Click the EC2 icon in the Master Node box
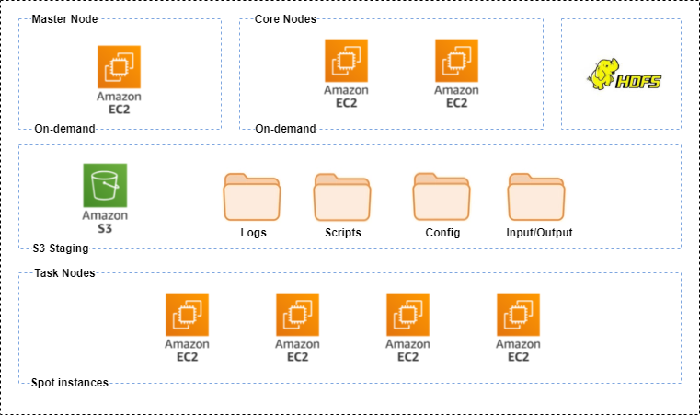click(120, 67)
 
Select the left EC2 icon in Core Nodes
click(347, 61)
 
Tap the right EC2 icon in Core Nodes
click(457, 61)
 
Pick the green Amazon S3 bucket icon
click(105, 185)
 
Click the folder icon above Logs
click(252, 196)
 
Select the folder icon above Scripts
click(342, 196)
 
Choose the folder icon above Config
click(442, 196)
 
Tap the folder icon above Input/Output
click(537, 196)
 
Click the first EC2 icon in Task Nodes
click(187, 315)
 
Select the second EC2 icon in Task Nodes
click(297, 315)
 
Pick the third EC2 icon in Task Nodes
click(407, 315)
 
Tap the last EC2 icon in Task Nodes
click(518, 315)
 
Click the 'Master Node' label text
click(65, 19)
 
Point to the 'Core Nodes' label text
click(286, 19)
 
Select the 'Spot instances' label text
click(70, 383)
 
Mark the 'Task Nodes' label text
click(64, 273)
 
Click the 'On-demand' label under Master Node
click(64, 129)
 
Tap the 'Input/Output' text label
click(539, 233)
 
